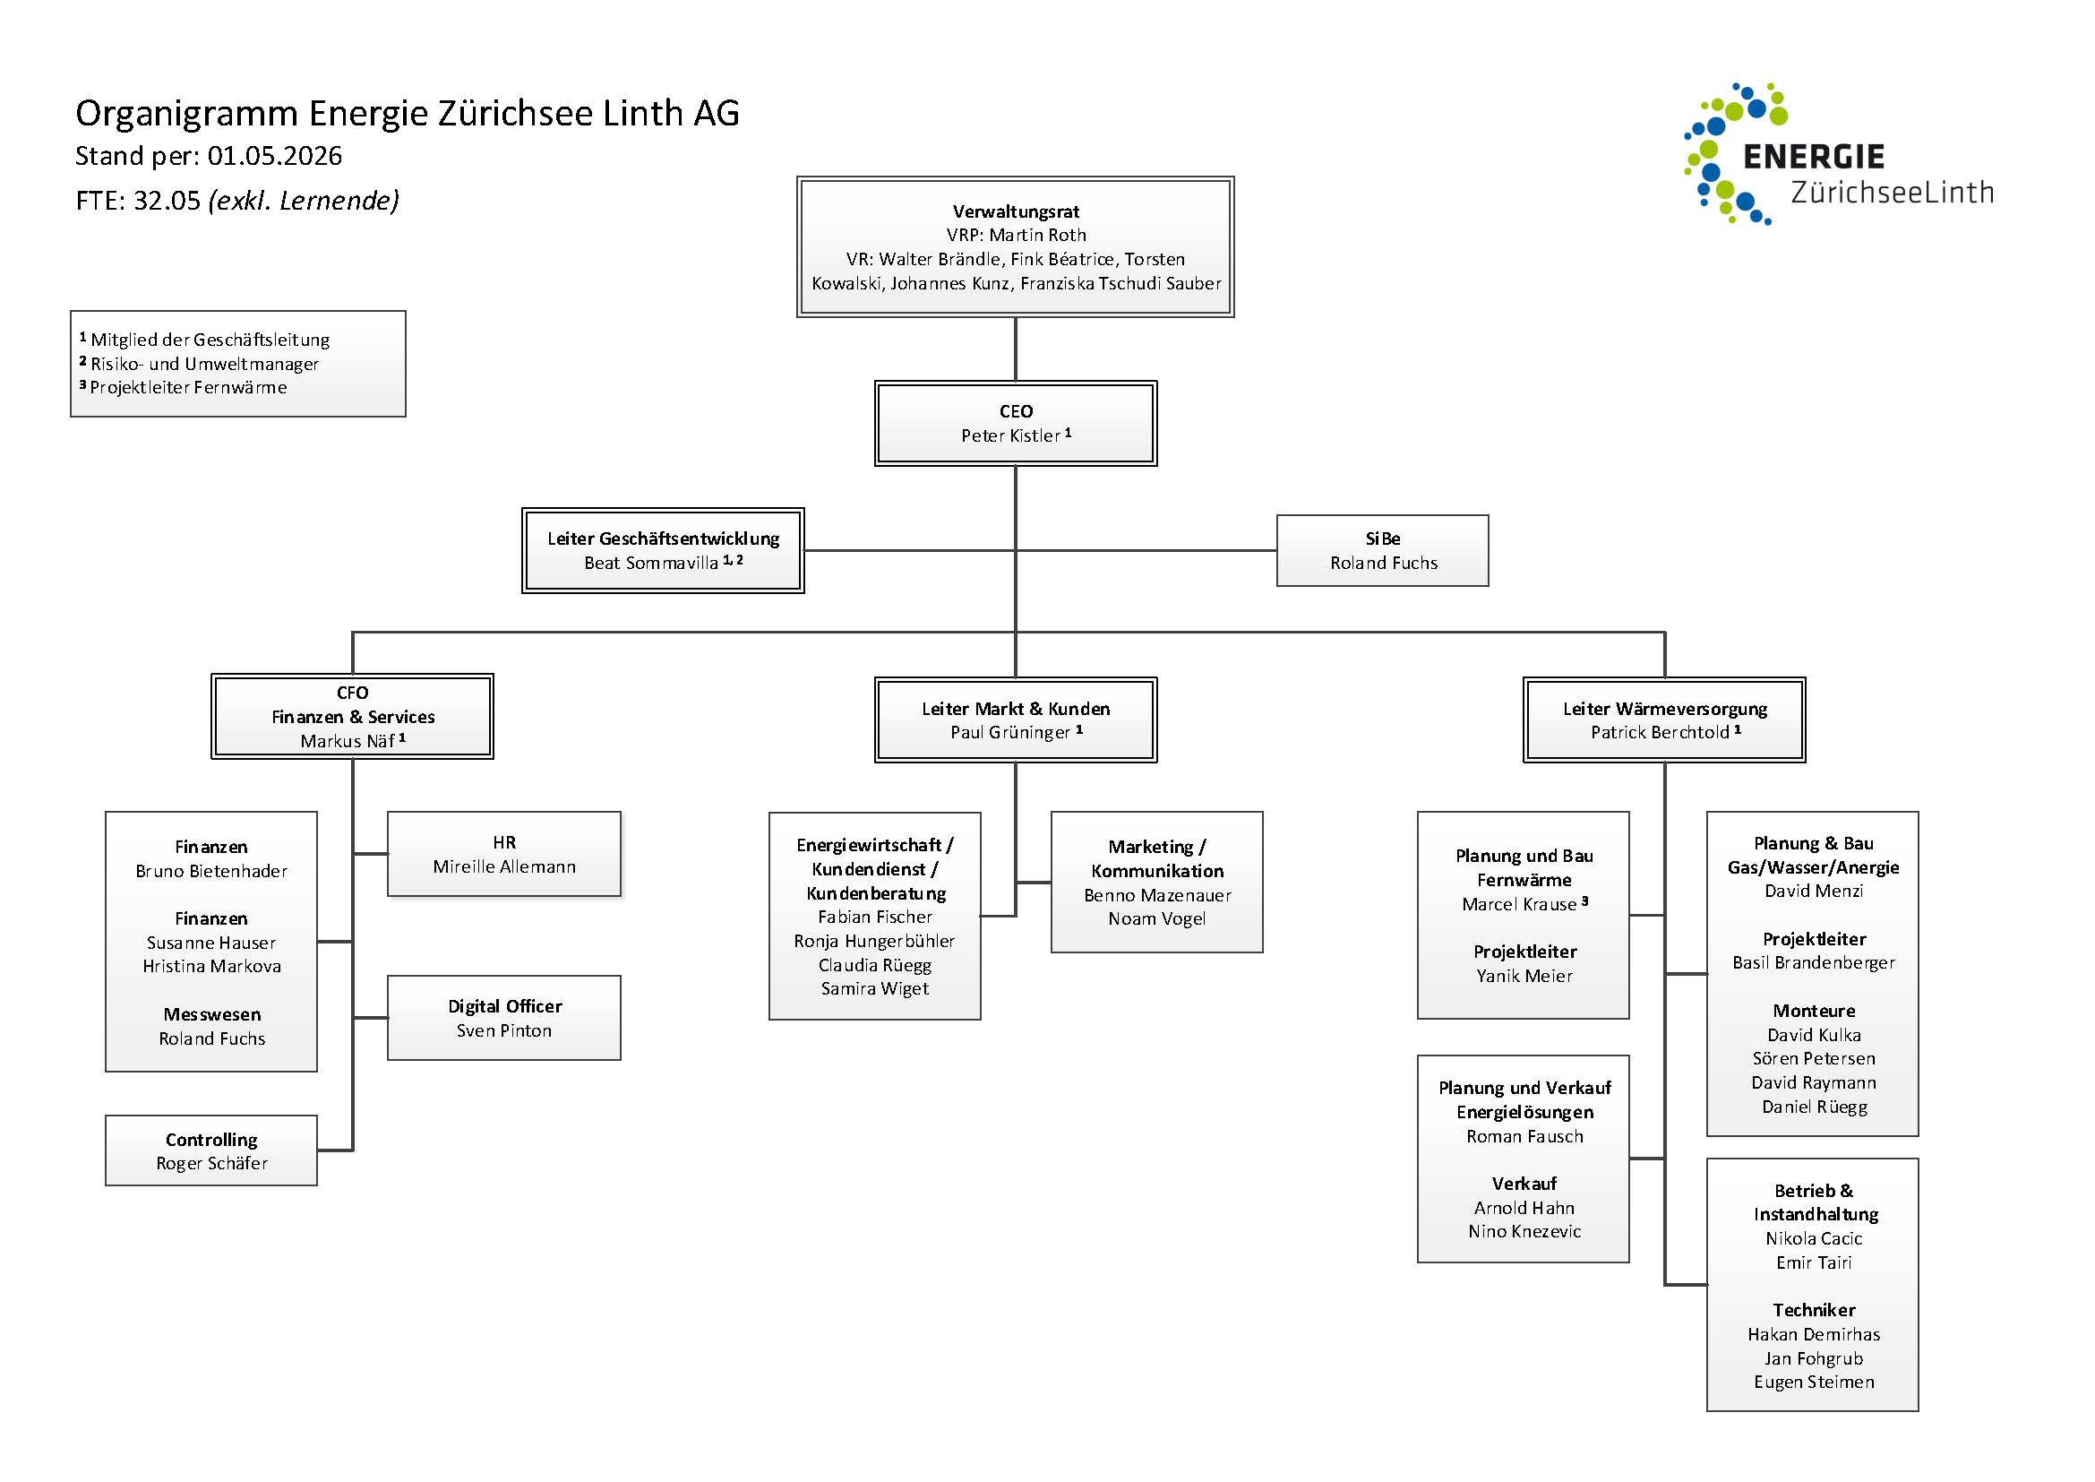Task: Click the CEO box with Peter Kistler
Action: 1016,424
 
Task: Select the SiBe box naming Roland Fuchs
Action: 1382,550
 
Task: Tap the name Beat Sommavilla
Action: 651,563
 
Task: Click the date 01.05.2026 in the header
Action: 275,156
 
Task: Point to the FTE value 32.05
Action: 167,201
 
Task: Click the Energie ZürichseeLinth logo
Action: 1834,155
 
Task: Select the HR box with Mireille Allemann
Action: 503,854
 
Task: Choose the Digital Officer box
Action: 503,1018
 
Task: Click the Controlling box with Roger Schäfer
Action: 211,1150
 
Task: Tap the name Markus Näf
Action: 348,741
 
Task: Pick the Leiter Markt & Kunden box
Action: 1016,720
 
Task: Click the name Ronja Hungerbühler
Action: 874,941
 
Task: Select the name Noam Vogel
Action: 1157,919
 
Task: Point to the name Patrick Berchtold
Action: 1660,732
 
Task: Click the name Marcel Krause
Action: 1519,904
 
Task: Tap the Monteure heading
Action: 1814,1011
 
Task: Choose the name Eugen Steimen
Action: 1814,1382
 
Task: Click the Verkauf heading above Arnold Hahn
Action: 1524,1184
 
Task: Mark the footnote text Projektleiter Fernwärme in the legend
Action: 188,388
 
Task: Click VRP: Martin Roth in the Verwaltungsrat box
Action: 1016,236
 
